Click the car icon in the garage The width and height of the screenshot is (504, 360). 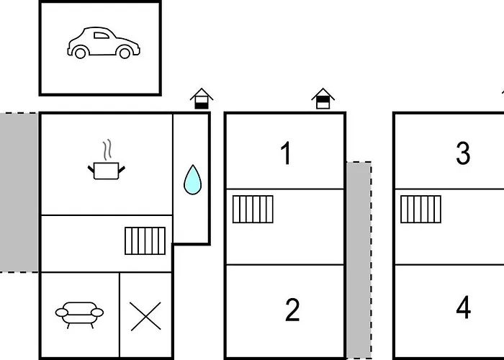pyautogui.click(x=104, y=42)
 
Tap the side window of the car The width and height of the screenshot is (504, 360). pyautogui.click(x=102, y=35)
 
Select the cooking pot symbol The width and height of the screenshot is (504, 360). pyautogui.click(x=107, y=171)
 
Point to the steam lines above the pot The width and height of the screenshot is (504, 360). pyautogui.click(x=108, y=150)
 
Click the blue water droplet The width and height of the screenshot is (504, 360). pyautogui.click(x=192, y=180)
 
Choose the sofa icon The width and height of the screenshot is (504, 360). pyautogui.click(x=79, y=315)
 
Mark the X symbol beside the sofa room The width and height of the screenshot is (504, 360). pyautogui.click(x=145, y=316)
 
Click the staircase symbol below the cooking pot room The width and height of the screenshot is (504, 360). pyautogui.click(x=145, y=240)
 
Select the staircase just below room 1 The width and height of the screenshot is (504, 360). pyautogui.click(x=253, y=210)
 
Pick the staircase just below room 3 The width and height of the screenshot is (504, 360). pyautogui.click(x=420, y=210)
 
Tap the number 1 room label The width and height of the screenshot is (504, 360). pyautogui.click(x=286, y=153)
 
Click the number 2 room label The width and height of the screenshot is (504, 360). pyautogui.click(x=292, y=310)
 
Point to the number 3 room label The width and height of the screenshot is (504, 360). pyautogui.click(x=463, y=153)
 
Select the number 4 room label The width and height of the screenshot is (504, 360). pyautogui.click(x=464, y=307)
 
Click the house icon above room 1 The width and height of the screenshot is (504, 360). pyautogui.click(x=323, y=99)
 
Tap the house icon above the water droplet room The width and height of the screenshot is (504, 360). pyautogui.click(x=202, y=99)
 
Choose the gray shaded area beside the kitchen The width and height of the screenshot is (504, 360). pyautogui.click(x=19, y=192)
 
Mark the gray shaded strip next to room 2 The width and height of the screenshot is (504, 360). pyautogui.click(x=359, y=260)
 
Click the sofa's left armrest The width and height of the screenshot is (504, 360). pyautogui.click(x=62, y=312)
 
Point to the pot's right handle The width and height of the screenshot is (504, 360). pyautogui.click(x=122, y=169)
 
